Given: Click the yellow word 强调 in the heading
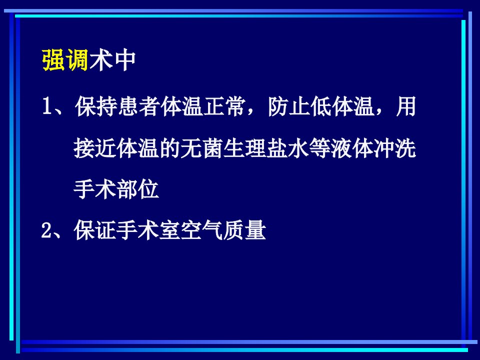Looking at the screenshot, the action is coord(65,60).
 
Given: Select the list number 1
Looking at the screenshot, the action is coord(46,106).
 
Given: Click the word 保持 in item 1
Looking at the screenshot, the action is coord(96,106).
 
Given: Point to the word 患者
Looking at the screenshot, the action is coord(139,106).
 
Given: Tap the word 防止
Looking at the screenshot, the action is coord(289,106).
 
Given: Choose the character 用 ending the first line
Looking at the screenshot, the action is coord(406,106).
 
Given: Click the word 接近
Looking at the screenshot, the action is coord(95,148).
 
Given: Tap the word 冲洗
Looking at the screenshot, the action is coord(395,148).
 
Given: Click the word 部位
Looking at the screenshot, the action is coord(138,189).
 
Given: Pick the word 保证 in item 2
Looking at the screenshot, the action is coord(95,230).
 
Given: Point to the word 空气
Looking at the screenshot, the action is coord(202,230).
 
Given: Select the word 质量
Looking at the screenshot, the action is coord(245,230).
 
